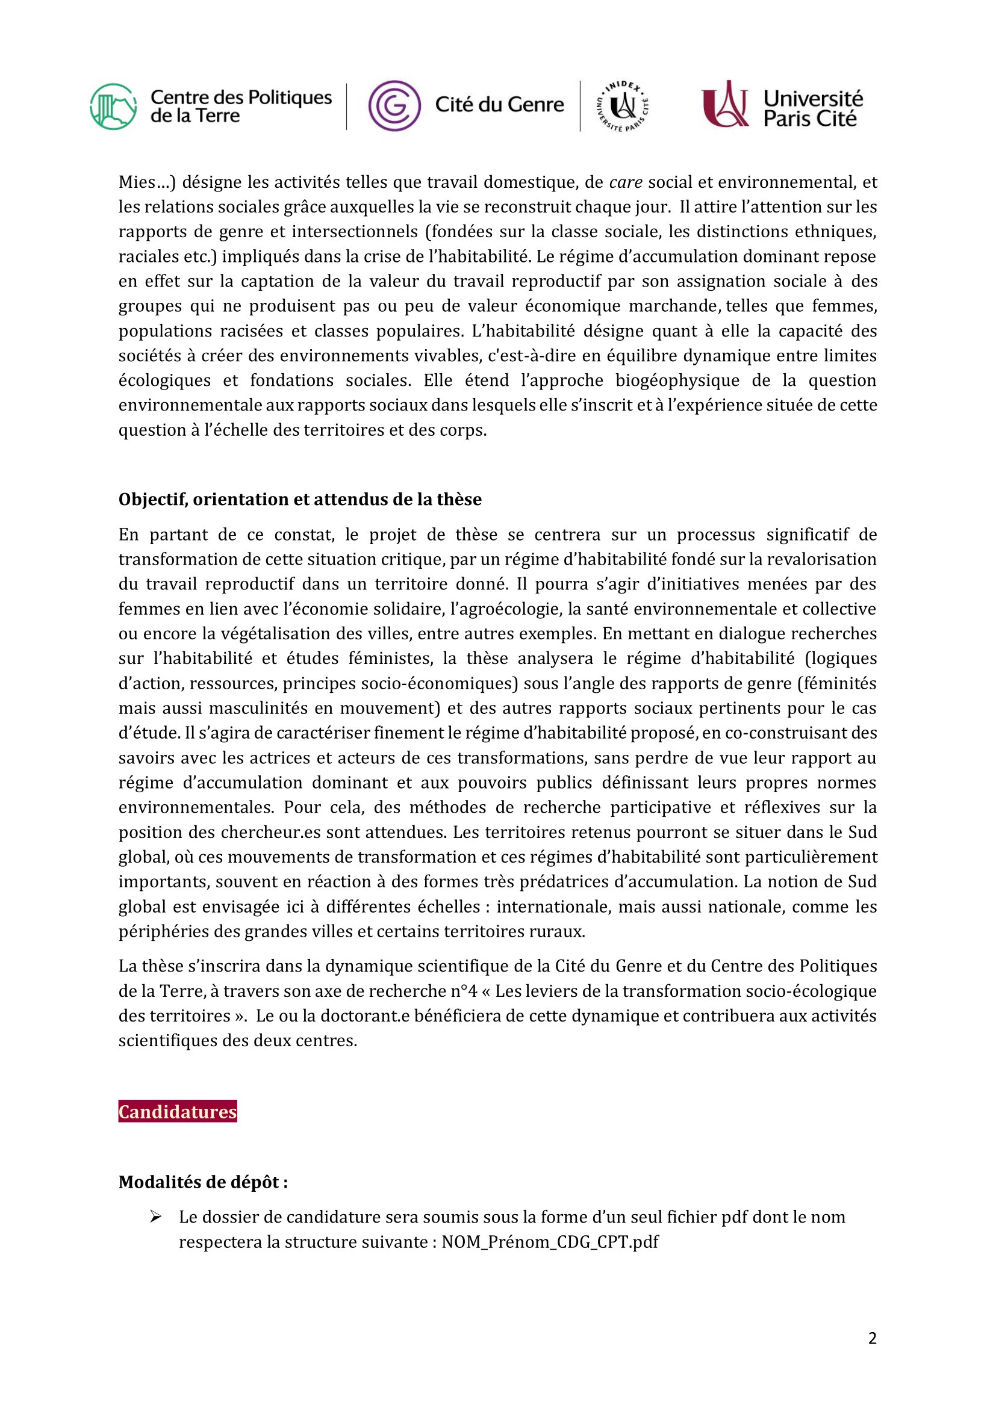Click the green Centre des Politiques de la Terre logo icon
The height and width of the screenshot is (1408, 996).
point(113,107)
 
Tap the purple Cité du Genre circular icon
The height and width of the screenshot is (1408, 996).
point(394,106)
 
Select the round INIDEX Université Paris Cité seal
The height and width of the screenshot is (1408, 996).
point(623,107)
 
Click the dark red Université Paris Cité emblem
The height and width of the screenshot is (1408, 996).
point(726,104)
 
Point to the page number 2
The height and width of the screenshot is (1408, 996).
point(872,1338)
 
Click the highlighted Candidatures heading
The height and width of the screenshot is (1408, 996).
point(177,1112)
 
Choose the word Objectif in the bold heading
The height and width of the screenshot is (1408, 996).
point(153,499)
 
